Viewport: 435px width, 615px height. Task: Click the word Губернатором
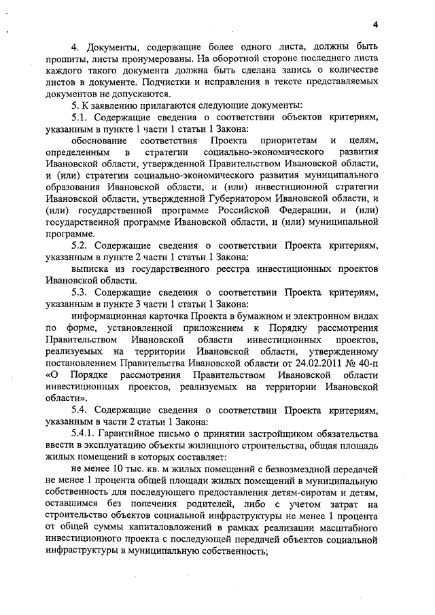(x=226, y=199)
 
